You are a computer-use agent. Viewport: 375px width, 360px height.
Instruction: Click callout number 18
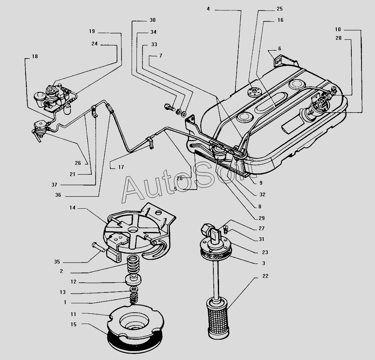(x=35, y=56)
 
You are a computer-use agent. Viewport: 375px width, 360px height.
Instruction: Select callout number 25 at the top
(x=280, y=9)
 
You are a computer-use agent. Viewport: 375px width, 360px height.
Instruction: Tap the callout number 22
(x=265, y=276)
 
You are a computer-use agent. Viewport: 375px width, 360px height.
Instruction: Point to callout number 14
(x=72, y=208)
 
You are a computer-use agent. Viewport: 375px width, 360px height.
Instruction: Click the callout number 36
(x=58, y=195)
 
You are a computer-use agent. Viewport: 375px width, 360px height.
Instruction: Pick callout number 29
(x=262, y=218)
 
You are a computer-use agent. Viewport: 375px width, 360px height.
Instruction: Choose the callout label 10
(x=338, y=29)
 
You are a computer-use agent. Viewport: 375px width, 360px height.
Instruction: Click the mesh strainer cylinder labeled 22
(x=217, y=318)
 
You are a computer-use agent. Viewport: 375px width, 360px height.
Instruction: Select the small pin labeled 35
(x=98, y=247)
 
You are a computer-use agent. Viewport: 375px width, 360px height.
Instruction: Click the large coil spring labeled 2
(x=133, y=265)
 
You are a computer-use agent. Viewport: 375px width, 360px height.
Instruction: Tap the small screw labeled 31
(x=226, y=229)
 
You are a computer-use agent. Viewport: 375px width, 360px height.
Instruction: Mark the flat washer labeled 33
(x=184, y=114)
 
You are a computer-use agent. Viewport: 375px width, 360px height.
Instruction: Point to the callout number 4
(x=208, y=9)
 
